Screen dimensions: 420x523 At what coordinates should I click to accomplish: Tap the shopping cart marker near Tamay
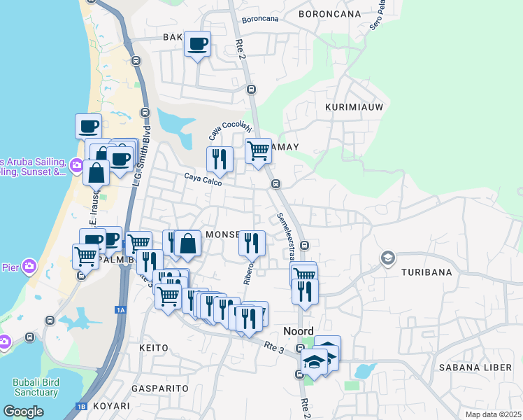(258, 150)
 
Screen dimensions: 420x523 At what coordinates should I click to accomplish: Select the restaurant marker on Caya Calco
(220, 160)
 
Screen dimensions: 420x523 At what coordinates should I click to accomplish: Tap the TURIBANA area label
(427, 272)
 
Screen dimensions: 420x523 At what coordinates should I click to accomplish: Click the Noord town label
(298, 331)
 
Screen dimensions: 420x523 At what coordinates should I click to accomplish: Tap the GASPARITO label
(160, 387)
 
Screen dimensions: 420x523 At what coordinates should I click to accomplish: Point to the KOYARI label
(110, 405)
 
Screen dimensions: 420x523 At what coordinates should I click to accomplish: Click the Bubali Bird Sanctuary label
(35, 387)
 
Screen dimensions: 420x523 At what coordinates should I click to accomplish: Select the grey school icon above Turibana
(387, 259)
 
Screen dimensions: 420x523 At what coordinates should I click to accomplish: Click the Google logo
(23, 412)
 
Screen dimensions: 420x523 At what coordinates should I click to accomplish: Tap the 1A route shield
(121, 309)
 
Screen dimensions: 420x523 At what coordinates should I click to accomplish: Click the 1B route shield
(82, 406)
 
